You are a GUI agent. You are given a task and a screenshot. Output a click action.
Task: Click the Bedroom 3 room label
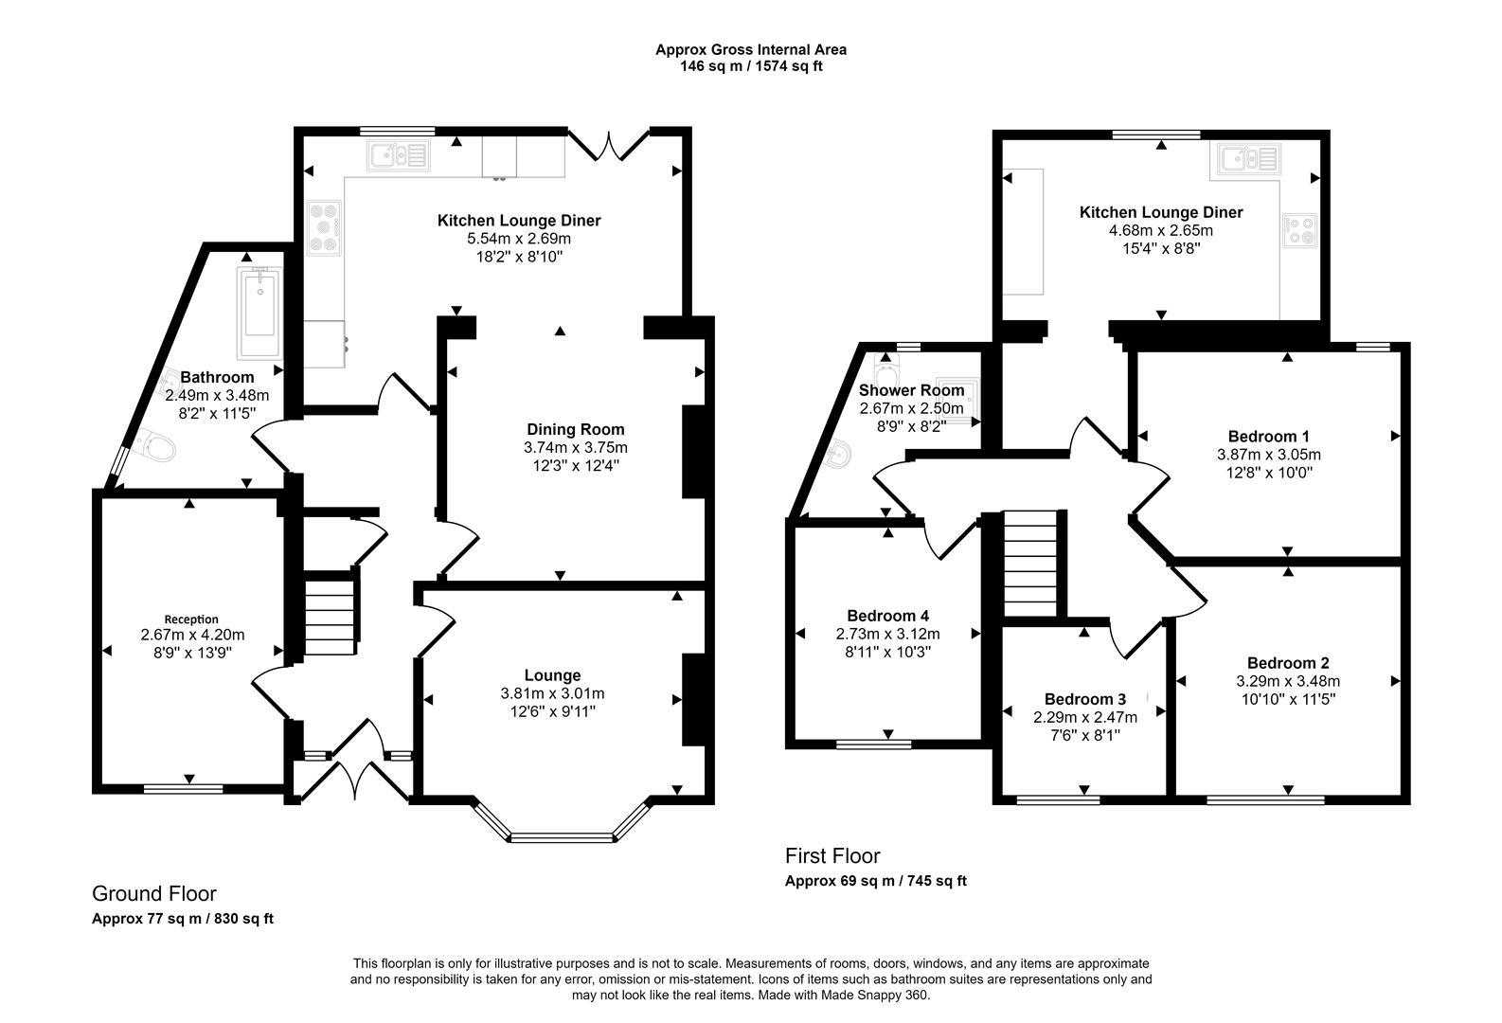tap(1085, 699)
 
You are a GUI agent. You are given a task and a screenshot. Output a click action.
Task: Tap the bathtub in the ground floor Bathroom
tap(259, 313)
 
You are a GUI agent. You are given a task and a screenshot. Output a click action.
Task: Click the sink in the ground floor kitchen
tap(399, 155)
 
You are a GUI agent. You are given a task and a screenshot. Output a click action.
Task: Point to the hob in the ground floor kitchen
tap(325, 228)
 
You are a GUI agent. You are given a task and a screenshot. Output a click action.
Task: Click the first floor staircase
tap(1030, 564)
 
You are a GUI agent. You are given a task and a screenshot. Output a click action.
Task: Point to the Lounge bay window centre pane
tap(562, 837)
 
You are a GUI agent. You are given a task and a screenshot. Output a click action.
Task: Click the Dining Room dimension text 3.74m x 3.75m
tap(576, 447)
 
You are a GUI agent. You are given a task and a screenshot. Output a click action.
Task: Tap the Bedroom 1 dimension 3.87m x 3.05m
tap(1269, 454)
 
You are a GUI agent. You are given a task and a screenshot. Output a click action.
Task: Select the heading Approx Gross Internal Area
tap(751, 49)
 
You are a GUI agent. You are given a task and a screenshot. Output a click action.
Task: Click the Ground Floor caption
tap(154, 893)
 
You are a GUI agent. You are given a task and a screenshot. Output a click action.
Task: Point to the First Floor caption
tap(832, 856)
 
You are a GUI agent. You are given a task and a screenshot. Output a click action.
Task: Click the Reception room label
tap(191, 619)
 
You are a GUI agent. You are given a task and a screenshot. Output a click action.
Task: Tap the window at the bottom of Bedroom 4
tap(874, 744)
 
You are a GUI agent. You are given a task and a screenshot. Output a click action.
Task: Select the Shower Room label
tap(912, 389)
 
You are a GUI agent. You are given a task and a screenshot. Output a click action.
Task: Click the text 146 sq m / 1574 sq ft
tap(751, 66)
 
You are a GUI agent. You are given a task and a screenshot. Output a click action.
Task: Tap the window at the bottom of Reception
tap(184, 789)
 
